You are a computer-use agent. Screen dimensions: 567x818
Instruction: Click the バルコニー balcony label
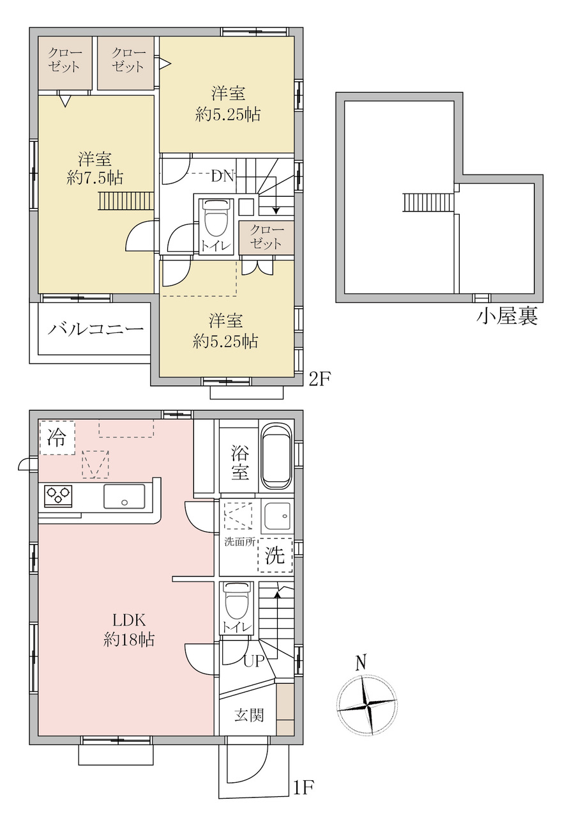(96, 330)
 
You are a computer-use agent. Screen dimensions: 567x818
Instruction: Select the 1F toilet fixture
(238, 603)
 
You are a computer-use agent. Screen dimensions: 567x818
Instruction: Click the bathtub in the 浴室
(277, 458)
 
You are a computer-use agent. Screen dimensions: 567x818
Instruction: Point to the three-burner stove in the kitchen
(58, 496)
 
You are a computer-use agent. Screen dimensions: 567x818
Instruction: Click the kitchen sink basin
(124, 497)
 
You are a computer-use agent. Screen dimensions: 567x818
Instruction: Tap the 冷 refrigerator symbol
(57, 438)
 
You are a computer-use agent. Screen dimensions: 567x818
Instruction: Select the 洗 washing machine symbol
(275, 555)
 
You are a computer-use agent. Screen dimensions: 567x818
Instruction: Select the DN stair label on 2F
(223, 177)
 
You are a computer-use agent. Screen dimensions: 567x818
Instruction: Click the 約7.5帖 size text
(95, 178)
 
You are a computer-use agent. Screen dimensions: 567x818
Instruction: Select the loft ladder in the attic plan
(428, 203)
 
